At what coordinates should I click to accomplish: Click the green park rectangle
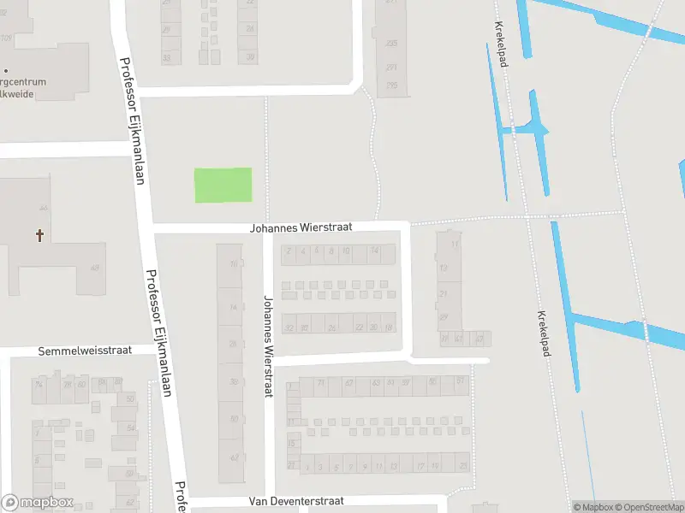pyautogui.click(x=223, y=186)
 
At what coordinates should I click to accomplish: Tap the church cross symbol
pyautogui.click(x=39, y=233)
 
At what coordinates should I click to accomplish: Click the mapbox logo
pyautogui.click(x=38, y=503)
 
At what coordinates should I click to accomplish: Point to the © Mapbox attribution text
pyautogui.click(x=594, y=507)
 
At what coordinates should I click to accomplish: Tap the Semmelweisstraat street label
pyautogui.click(x=83, y=351)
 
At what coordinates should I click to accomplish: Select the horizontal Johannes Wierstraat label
pyautogui.click(x=301, y=228)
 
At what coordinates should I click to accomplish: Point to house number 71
pyautogui.click(x=321, y=382)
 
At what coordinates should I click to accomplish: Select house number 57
pyautogui.click(x=461, y=380)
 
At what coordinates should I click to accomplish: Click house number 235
pyautogui.click(x=391, y=43)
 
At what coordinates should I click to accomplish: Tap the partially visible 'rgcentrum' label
pyautogui.click(x=24, y=82)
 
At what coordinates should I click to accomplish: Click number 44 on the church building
pyautogui.click(x=43, y=209)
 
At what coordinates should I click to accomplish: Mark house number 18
pyautogui.click(x=389, y=327)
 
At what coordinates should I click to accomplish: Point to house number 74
pyautogui.click(x=38, y=385)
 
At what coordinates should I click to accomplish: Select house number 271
pyautogui.click(x=391, y=67)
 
